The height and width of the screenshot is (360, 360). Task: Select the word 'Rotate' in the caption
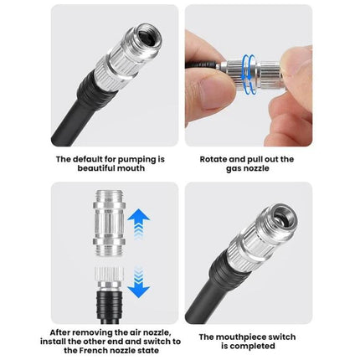[215, 157]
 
